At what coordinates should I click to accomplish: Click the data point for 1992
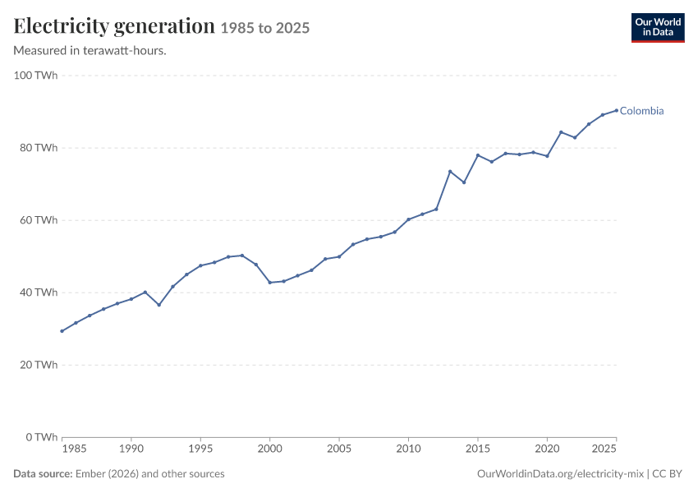159,305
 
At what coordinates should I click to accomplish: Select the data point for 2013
450,172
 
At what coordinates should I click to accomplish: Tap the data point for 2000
270,283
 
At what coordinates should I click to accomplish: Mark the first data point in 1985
62,331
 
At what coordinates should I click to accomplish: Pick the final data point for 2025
617,110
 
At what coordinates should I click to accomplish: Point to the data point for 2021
561,132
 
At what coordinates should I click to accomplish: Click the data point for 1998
242,256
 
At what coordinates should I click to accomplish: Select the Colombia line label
641,111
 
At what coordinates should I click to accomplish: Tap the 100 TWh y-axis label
35,76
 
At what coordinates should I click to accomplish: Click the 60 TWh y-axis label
39,220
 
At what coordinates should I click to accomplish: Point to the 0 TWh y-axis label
42,437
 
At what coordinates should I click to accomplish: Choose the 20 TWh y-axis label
39,365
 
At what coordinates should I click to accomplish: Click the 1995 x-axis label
200,449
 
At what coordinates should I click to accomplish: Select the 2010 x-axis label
408,449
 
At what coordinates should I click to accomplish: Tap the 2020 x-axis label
547,449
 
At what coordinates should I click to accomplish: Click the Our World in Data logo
658,28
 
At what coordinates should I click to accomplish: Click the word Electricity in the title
62,26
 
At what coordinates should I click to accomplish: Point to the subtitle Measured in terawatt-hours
90,51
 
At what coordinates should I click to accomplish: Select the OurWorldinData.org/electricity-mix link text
560,474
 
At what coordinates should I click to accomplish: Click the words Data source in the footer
43,474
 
